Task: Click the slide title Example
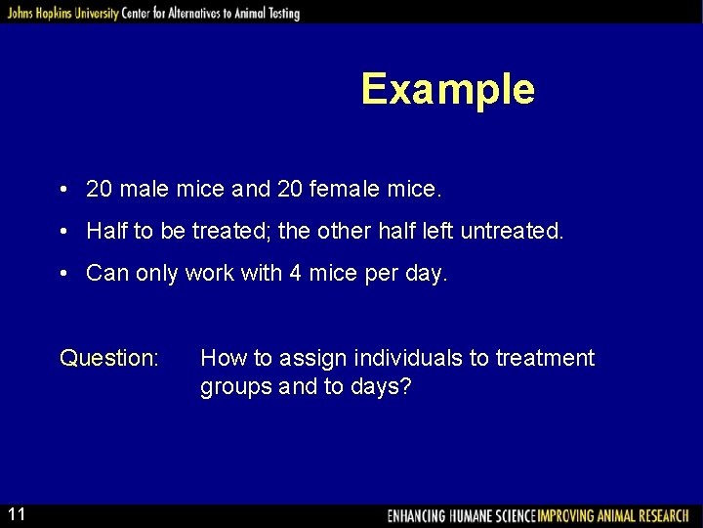point(447,89)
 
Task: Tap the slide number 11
point(18,513)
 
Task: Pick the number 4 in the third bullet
point(295,274)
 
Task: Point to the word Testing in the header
point(279,13)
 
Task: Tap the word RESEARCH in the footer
point(659,515)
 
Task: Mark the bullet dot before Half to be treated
point(62,232)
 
